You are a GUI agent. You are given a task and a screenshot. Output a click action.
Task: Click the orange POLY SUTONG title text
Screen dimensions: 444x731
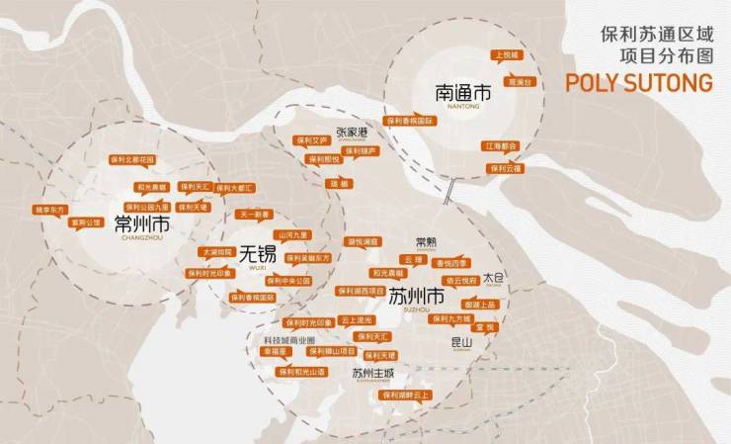[638, 83]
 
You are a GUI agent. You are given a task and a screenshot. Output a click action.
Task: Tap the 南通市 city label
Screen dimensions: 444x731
[462, 95]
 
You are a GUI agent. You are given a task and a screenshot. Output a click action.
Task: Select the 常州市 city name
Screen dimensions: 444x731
[142, 224]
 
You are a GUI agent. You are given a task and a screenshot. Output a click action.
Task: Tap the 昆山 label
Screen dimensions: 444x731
[461, 342]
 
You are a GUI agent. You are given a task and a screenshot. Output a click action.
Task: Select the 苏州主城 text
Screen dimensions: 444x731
[372, 373]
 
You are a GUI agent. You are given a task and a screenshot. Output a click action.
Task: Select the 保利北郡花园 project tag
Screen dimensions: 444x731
[131, 159]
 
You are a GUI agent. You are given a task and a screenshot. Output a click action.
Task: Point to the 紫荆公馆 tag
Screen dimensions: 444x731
[85, 222]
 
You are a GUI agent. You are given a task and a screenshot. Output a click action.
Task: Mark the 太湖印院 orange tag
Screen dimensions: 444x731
[216, 253]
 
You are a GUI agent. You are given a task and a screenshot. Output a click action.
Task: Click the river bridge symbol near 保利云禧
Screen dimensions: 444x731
[449, 187]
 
